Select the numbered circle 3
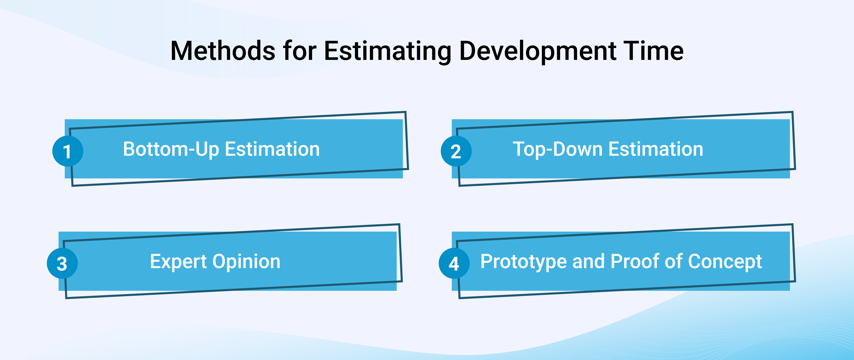tap(62, 263)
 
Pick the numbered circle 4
tap(454, 263)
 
